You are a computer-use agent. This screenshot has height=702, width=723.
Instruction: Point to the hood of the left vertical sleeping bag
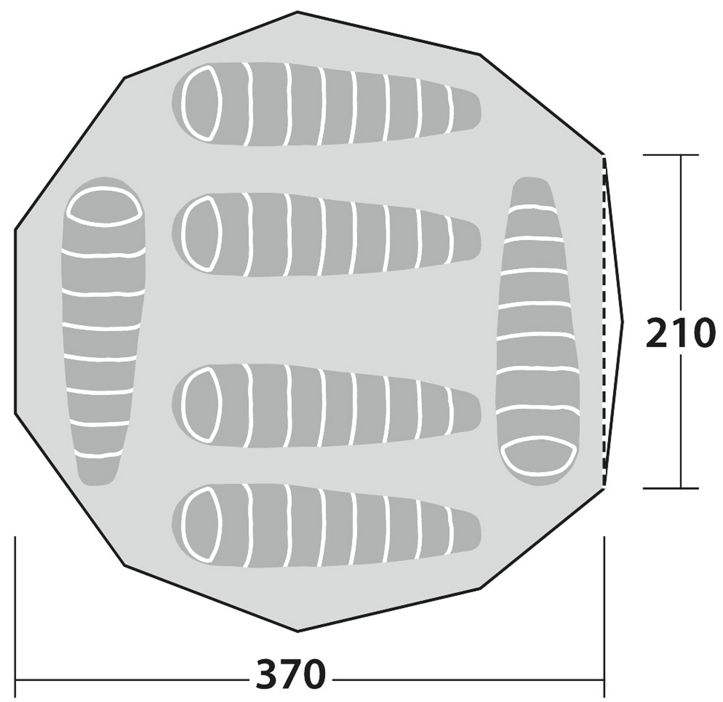coord(105,207)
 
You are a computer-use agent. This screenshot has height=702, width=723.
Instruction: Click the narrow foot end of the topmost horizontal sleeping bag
coord(467,109)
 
